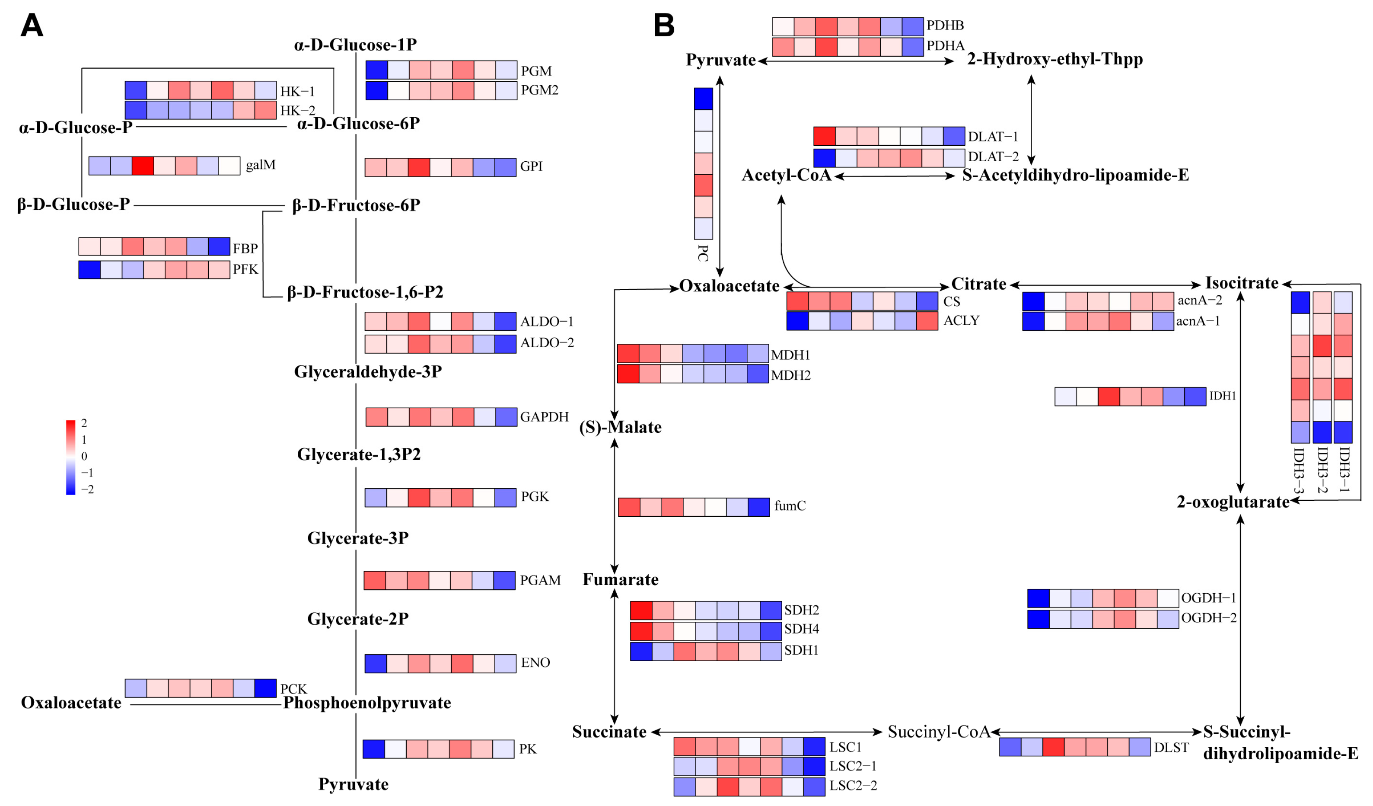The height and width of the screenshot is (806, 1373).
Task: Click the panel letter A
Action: (32, 25)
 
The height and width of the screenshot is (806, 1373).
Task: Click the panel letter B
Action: (664, 25)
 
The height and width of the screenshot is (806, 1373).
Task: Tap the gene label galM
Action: (261, 165)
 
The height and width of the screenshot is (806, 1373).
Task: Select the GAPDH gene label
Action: (544, 417)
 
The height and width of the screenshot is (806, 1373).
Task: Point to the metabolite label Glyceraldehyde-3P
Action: (368, 372)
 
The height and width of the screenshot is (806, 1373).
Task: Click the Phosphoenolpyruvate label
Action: (367, 703)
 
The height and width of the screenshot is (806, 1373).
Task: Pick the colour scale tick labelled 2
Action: (84, 423)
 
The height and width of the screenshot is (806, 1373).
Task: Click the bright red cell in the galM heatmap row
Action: (143, 166)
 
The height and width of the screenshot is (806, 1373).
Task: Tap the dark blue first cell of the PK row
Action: (374, 749)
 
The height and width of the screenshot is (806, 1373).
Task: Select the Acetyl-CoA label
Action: (786, 175)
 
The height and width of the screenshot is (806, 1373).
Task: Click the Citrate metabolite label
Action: (978, 284)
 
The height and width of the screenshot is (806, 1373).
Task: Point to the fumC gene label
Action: (790, 506)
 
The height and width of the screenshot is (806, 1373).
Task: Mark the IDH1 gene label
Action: (1222, 396)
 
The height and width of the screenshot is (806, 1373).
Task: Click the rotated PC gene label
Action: (704, 253)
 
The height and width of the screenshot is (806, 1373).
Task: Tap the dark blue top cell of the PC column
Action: (704, 99)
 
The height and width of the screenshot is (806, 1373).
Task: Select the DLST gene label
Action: (1171, 748)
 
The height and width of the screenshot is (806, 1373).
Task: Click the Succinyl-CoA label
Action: (939, 732)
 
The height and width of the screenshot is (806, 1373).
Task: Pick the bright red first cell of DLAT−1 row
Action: (824, 136)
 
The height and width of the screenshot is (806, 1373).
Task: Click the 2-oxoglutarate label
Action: (1233, 502)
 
